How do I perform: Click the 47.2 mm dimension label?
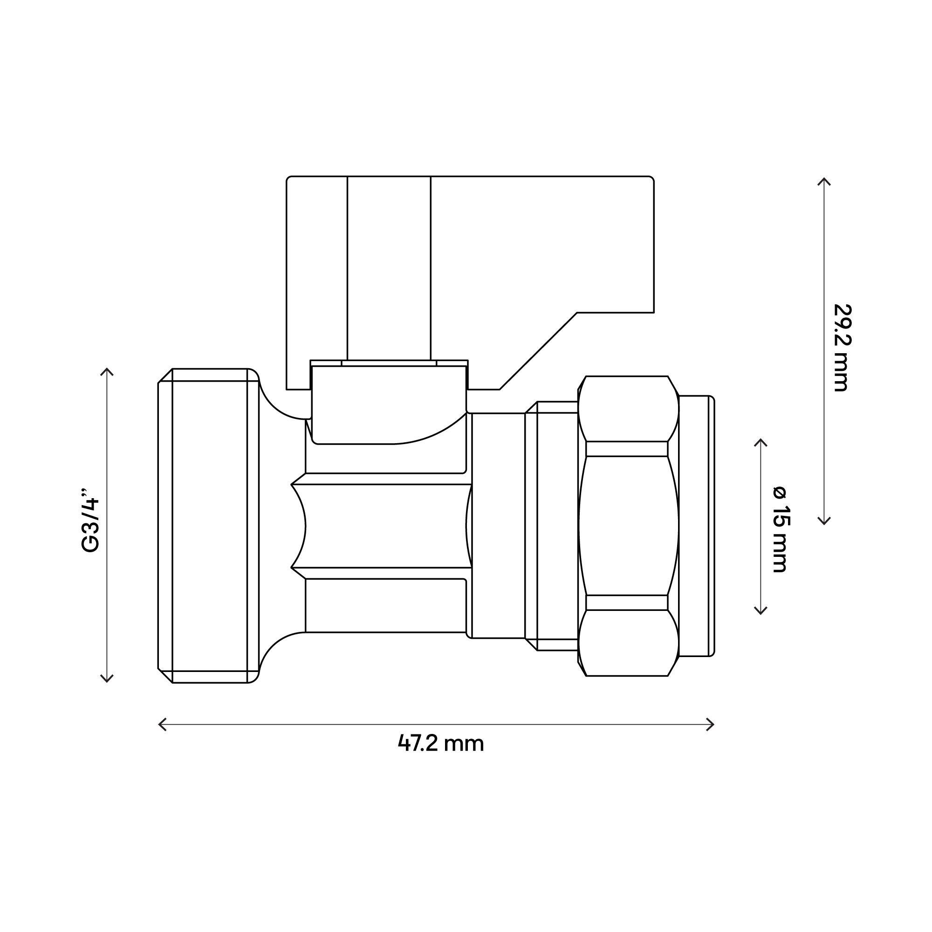(440, 743)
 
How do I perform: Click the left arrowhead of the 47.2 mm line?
(161, 724)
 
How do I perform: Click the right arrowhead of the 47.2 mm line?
(712, 724)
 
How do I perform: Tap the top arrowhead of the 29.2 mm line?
(824, 180)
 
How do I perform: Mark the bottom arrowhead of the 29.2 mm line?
(824, 522)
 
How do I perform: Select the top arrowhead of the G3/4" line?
(107, 370)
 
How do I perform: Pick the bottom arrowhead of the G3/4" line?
(107, 680)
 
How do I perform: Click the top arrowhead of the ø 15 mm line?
(760, 441)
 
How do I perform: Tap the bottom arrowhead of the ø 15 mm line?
(760, 613)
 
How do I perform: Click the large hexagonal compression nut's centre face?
(628, 526)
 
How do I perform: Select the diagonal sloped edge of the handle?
(538, 351)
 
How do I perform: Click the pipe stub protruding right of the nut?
(697, 526)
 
